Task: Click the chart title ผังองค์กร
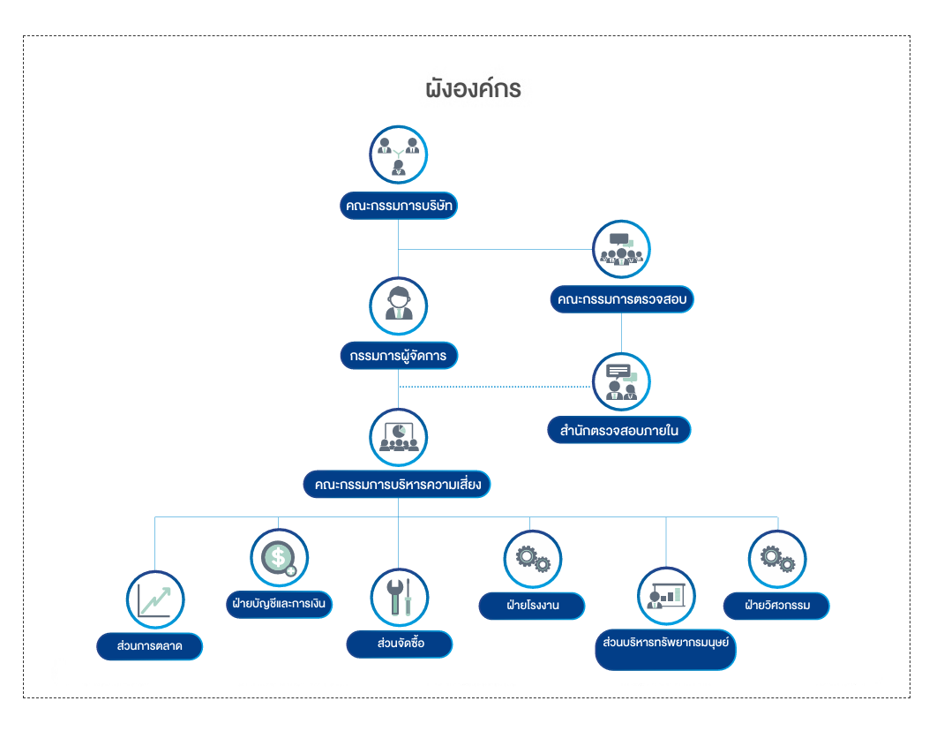[x=473, y=89]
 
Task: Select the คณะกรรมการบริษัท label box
[x=400, y=206]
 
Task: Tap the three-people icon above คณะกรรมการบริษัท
[x=398, y=154]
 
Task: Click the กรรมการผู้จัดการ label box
[x=398, y=356]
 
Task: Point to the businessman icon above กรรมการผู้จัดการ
[x=399, y=305]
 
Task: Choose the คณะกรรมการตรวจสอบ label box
[x=621, y=299]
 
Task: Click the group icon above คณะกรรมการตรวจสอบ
[x=621, y=249]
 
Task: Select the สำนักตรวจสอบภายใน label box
[x=618, y=431]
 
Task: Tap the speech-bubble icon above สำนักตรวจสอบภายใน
[x=621, y=382]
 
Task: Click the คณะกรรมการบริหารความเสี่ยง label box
[x=397, y=485]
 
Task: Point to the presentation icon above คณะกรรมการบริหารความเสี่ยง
[x=398, y=437]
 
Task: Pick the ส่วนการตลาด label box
[x=149, y=646]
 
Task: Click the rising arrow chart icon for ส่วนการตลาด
[x=155, y=599]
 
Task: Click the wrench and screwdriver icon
[x=399, y=598]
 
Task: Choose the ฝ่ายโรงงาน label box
[x=532, y=606]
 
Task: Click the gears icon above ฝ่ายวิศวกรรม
[x=777, y=559]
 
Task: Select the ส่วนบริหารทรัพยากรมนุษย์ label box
[x=665, y=642]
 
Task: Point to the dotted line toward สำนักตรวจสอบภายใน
[x=494, y=387]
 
